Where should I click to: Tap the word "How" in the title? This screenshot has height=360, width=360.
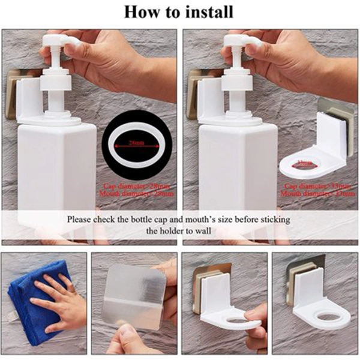140,11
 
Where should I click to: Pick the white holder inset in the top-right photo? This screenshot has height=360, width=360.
316,150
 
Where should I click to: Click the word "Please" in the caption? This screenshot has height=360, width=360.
81,220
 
